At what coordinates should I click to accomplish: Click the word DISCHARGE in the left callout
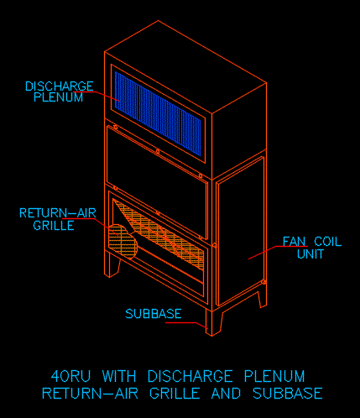(60, 86)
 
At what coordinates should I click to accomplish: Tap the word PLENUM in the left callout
(59, 97)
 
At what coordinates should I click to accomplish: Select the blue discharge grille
(158, 113)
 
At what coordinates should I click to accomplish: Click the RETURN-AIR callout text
(58, 213)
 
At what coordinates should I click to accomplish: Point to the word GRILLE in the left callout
(54, 225)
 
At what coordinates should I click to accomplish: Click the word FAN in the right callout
(294, 242)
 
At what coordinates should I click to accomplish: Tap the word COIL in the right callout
(328, 242)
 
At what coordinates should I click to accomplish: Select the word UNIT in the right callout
(310, 253)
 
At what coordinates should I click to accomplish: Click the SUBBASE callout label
(154, 314)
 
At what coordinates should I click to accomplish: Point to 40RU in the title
(71, 376)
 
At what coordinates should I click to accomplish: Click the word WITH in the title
(119, 376)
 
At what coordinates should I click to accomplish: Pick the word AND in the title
(226, 394)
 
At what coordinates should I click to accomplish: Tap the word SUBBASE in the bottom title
(288, 394)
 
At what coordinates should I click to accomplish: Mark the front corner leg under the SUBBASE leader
(213, 322)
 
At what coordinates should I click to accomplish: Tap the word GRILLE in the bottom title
(175, 394)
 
